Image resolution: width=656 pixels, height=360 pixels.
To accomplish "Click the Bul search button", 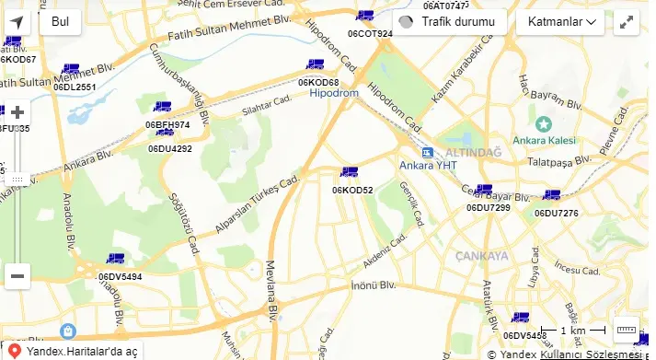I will click(60, 21).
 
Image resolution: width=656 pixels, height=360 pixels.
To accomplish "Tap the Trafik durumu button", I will click(450, 22).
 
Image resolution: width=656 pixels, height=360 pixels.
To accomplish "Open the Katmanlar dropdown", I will click(559, 22).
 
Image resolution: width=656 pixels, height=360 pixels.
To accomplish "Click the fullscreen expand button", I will click(627, 22).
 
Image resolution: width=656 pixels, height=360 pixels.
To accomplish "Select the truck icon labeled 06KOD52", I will click(349, 172).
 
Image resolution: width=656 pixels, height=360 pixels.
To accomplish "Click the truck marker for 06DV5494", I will click(115, 260).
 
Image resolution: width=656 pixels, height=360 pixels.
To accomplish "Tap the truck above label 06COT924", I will click(365, 16).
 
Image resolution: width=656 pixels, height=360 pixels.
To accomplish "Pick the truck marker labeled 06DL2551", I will click(71, 69).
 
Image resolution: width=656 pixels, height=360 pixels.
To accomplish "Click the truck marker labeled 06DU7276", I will click(551, 195).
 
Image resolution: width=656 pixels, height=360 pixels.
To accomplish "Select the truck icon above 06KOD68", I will click(316, 64).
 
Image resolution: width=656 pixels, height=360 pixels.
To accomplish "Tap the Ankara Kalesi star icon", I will click(544, 124).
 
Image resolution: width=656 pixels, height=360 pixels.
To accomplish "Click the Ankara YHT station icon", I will click(427, 151).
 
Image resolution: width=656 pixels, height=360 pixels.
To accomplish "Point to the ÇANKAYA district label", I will click(480, 256).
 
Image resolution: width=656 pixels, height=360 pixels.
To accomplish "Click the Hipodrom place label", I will click(333, 93).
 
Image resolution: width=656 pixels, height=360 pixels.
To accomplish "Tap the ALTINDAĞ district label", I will click(473, 151).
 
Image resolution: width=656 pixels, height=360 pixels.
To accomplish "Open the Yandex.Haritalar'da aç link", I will click(81, 351).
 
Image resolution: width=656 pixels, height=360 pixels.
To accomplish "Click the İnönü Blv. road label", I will click(373, 285).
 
